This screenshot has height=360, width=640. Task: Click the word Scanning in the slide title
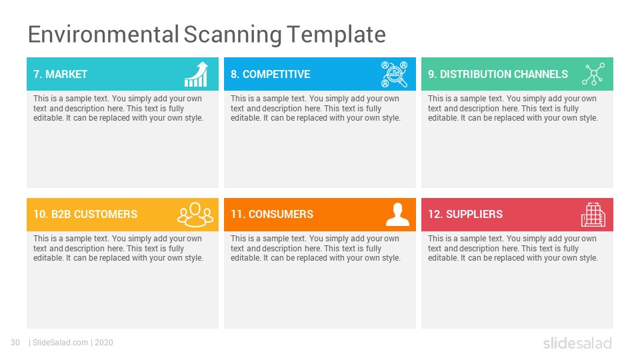[x=232, y=35]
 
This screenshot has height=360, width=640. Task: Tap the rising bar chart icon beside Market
[x=196, y=74]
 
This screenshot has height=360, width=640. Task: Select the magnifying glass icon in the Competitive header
[x=394, y=74]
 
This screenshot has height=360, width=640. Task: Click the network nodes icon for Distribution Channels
[x=593, y=74]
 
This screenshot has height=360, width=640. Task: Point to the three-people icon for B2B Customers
[x=195, y=215]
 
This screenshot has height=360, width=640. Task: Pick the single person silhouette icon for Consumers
[x=397, y=215]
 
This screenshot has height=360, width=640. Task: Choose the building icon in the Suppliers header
[x=593, y=215]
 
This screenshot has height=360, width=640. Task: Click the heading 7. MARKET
[x=61, y=74]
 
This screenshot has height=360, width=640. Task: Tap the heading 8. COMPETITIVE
[x=270, y=74]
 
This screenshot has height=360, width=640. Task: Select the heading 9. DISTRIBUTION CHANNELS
[x=498, y=74]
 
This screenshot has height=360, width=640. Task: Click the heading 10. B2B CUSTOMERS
[x=85, y=214]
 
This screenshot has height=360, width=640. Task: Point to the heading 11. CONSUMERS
[x=272, y=214]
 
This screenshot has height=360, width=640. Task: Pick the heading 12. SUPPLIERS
[x=465, y=214]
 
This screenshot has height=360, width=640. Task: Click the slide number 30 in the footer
[x=15, y=343]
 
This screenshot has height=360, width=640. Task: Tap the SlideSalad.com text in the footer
[x=61, y=343]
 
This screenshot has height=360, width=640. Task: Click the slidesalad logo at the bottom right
[x=577, y=343]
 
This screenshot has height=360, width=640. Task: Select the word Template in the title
[x=336, y=35]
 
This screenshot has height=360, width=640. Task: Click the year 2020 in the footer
[x=104, y=343]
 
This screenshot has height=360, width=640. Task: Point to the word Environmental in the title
[x=103, y=35]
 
